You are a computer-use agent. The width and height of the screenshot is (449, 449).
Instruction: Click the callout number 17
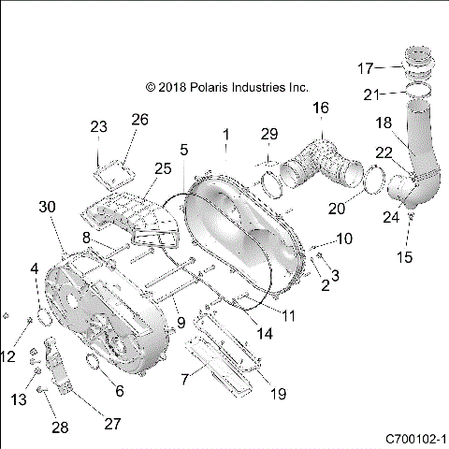coord(368,68)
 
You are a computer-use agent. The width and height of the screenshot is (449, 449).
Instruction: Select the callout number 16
coord(321,109)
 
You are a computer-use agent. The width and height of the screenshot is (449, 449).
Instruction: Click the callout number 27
coord(111,424)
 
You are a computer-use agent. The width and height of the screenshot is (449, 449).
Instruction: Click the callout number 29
coord(269,134)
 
